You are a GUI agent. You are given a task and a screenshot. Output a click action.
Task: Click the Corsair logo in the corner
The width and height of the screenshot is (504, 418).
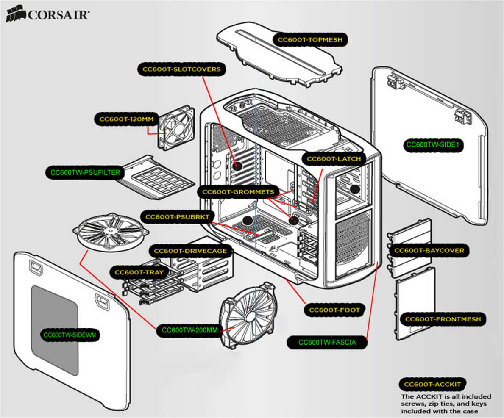[47, 15]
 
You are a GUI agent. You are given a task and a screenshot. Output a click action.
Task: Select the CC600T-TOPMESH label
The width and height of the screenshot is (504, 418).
[310, 40]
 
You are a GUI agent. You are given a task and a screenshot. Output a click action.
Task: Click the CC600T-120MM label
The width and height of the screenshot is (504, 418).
[126, 119]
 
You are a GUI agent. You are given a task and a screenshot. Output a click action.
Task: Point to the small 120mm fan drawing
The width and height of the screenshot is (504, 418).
[176, 127]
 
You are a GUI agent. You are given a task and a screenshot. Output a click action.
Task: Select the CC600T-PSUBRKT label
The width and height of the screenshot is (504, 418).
[178, 217]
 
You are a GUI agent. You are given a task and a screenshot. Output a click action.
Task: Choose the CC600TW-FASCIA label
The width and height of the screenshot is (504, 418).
[327, 342]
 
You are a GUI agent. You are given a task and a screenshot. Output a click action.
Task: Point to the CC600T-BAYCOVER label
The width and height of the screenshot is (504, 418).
[429, 250]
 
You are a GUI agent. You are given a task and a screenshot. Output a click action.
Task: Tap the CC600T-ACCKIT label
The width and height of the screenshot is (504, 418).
[432, 384]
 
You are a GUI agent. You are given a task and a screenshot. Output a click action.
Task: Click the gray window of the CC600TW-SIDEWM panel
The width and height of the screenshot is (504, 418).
[55, 313]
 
